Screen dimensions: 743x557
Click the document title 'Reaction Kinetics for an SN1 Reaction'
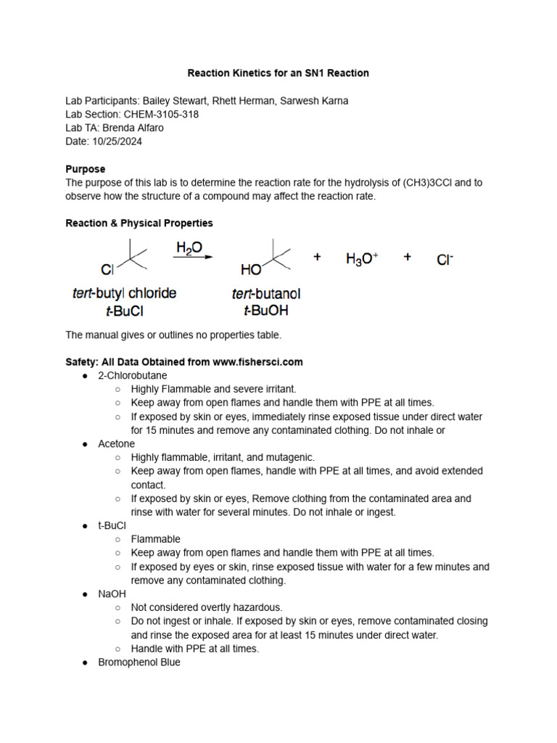tap(278, 73)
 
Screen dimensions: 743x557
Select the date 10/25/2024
tap(117, 141)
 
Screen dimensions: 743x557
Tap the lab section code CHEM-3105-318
tap(161, 114)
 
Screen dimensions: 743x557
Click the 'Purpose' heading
tap(85, 169)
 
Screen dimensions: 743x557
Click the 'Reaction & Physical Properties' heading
tap(139, 223)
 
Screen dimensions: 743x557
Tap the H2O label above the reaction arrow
tap(189, 247)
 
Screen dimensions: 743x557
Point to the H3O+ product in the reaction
tap(362, 259)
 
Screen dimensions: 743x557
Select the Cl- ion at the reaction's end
tap(445, 259)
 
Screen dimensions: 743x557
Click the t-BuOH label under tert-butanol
tap(265, 311)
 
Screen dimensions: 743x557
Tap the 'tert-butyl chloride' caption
tap(124, 294)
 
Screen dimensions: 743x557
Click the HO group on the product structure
tap(251, 270)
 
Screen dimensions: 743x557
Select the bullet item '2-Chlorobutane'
tap(132, 375)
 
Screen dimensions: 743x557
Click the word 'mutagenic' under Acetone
tap(291, 457)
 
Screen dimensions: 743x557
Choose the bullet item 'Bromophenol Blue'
tap(139, 662)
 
